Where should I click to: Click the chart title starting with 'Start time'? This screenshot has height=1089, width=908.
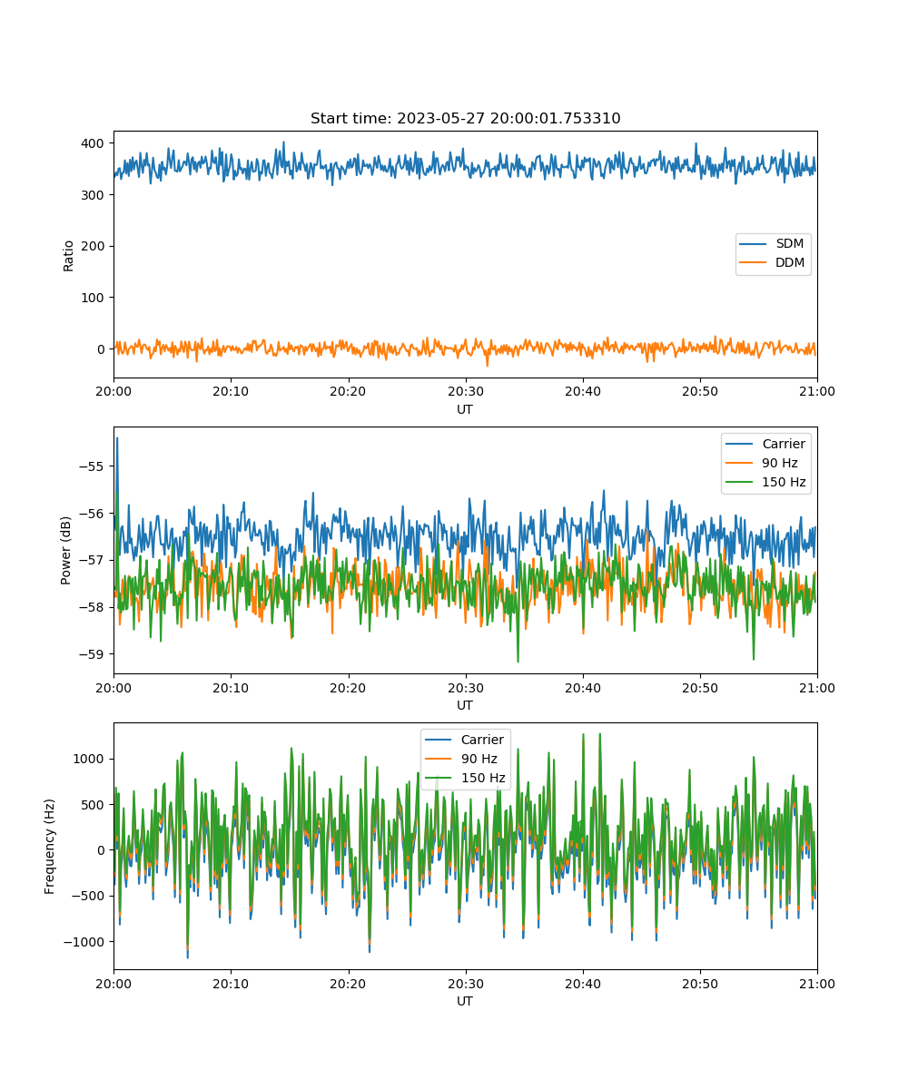point(465,118)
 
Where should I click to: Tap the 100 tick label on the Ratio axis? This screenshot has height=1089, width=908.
point(93,298)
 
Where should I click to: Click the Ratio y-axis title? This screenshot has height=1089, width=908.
point(68,256)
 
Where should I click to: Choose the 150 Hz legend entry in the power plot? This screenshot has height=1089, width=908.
point(765,482)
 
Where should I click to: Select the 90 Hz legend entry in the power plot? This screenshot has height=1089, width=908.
point(762,463)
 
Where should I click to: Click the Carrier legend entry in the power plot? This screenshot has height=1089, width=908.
point(765,444)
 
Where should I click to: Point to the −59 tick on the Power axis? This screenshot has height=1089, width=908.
point(91,654)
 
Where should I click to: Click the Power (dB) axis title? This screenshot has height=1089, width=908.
point(65,550)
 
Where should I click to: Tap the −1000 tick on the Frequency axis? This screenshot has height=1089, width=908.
point(84,941)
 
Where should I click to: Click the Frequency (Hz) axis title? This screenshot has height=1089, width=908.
point(50,847)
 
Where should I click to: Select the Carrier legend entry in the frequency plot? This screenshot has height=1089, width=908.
point(464,740)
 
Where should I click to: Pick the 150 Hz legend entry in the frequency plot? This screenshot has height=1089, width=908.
point(464,778)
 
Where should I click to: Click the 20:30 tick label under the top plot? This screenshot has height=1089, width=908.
point(466,391)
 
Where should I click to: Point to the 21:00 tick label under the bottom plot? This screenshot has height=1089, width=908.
point(816,984)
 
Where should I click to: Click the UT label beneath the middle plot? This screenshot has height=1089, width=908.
point(464,705)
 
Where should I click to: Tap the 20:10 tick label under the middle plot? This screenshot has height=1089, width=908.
point(231,688)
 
